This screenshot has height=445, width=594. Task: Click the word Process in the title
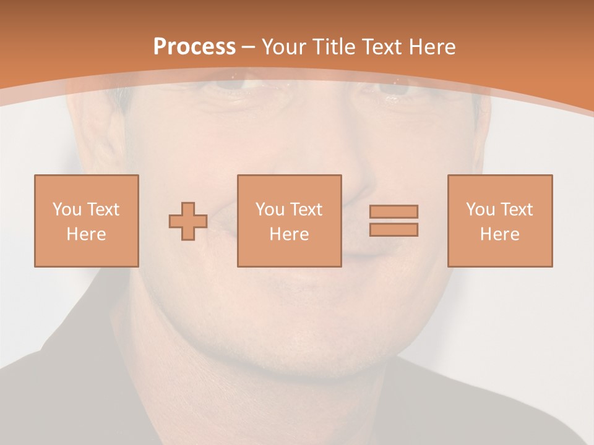[x=194, y=47]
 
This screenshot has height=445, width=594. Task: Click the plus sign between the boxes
[x=188, y=221]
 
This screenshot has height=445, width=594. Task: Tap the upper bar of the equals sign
[x=394, y=211]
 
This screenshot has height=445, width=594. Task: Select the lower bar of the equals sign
[x=394, y=230]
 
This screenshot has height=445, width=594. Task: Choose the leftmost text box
[x=87, y=221]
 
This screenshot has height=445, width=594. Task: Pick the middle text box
[x=289, y=221]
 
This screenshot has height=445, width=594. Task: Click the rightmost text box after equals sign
[x=499, y=221]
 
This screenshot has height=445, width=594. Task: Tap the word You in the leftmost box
[x=67, y=210]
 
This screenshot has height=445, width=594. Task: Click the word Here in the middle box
[x=289, y=234]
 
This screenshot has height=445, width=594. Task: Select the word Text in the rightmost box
[x=517, y=210]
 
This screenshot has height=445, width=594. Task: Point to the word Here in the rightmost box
[x=499, y=234]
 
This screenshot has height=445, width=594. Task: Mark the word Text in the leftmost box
[x=103, y=210]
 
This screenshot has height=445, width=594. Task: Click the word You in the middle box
[x=270, y=210]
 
